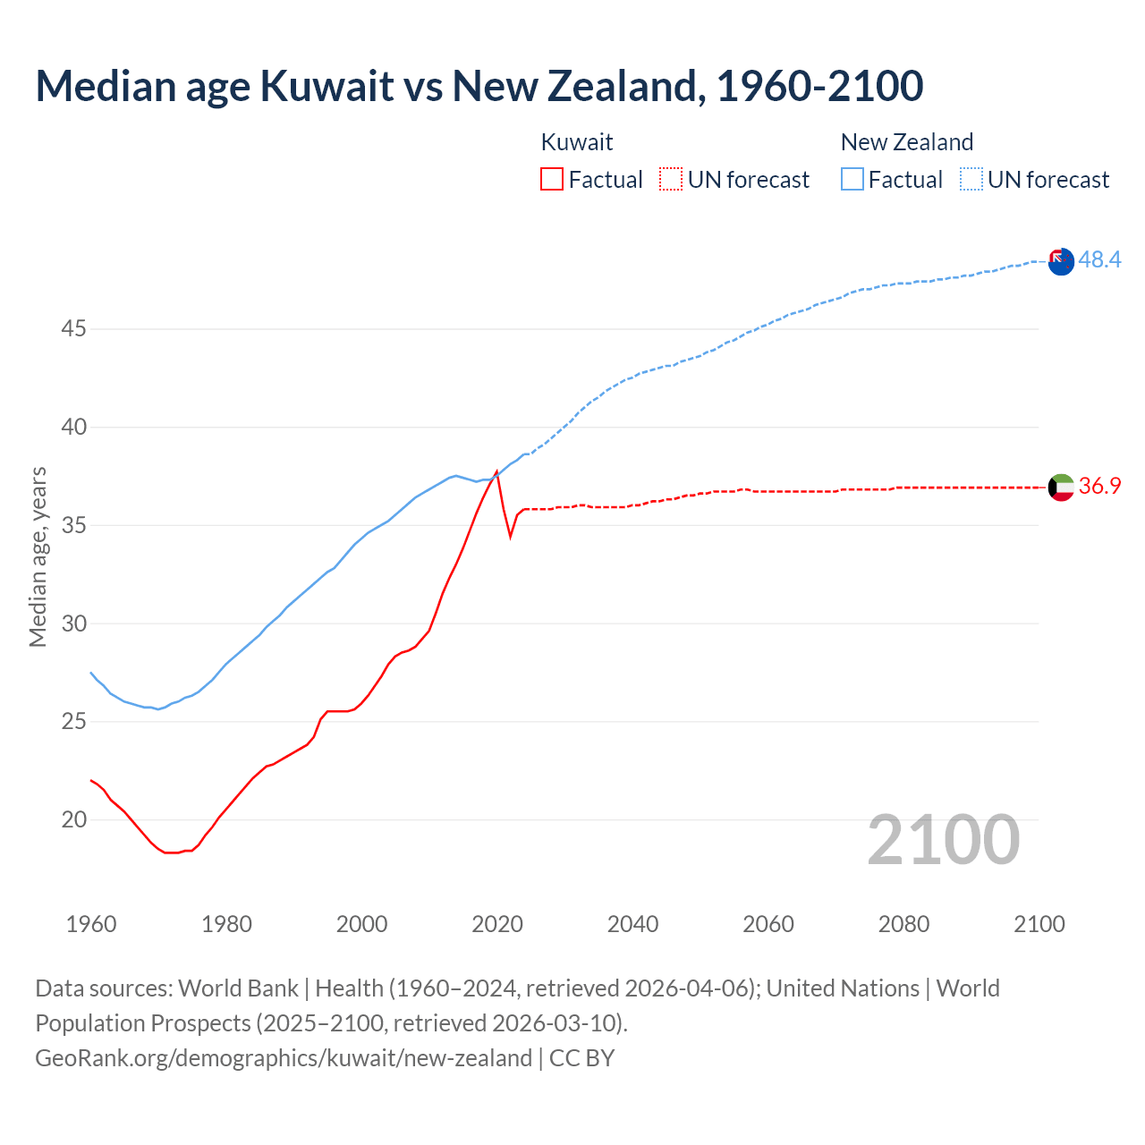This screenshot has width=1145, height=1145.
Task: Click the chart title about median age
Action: click(479, 86)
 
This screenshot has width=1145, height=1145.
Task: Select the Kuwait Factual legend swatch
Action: click(552, 180)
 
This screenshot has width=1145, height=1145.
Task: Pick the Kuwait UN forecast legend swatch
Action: click(671, 180)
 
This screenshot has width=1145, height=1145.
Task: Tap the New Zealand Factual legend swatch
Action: click(852, 180)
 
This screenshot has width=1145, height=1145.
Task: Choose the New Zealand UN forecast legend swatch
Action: click(971, 180)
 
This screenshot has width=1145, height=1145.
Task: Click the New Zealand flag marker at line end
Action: click(1061, 262)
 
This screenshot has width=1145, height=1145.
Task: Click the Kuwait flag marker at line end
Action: click(1061, 488)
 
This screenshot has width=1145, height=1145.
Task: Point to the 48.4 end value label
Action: click(1099, 259)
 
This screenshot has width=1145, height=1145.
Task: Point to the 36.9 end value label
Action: click(1099, 486)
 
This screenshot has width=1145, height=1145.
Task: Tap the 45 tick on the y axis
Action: click(74, 329)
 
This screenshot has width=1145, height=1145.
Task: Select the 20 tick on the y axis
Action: click(74, 819)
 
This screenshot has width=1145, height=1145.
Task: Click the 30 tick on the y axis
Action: click(74, 623)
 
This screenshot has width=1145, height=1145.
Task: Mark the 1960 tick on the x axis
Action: click(91, 924)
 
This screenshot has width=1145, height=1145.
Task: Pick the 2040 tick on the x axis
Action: click(632, 924)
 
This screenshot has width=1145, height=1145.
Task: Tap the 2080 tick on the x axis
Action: click(903, 924)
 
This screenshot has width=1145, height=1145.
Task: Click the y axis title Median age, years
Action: click(38, 556)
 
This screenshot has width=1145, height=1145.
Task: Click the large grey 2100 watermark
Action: click(944, 840)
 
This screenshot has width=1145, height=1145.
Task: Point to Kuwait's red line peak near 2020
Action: click(496, 471)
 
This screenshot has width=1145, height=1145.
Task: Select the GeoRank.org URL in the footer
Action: click(284, 1058)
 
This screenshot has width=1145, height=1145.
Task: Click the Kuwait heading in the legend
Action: click(577, 142)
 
